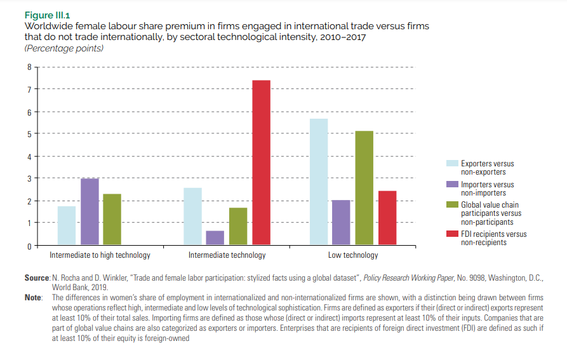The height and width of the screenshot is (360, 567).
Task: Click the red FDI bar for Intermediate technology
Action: click(261, 162)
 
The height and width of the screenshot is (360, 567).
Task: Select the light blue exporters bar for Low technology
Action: click(319, 182)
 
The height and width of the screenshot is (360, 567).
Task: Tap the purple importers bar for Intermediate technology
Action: click(215, 237)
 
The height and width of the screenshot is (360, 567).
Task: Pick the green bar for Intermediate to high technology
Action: click(112, 219)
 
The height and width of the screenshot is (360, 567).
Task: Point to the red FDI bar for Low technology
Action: click(387, 217)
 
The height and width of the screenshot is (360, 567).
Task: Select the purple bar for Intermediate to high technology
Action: click(90, 211)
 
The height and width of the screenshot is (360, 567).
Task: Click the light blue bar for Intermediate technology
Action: click(192, 216)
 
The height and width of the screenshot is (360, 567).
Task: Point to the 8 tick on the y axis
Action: click(28, 67)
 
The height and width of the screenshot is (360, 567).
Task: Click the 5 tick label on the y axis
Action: click(28, 134)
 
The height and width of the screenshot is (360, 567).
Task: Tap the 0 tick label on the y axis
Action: click(28, 246)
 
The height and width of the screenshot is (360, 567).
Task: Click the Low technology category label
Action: click(352, 255)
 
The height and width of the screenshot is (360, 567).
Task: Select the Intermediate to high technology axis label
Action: click(100, 255)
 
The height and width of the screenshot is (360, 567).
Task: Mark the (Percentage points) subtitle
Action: click(63, 48)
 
